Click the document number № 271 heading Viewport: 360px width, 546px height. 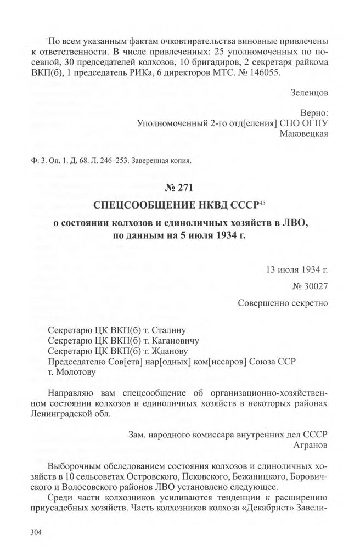(179, 189)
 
